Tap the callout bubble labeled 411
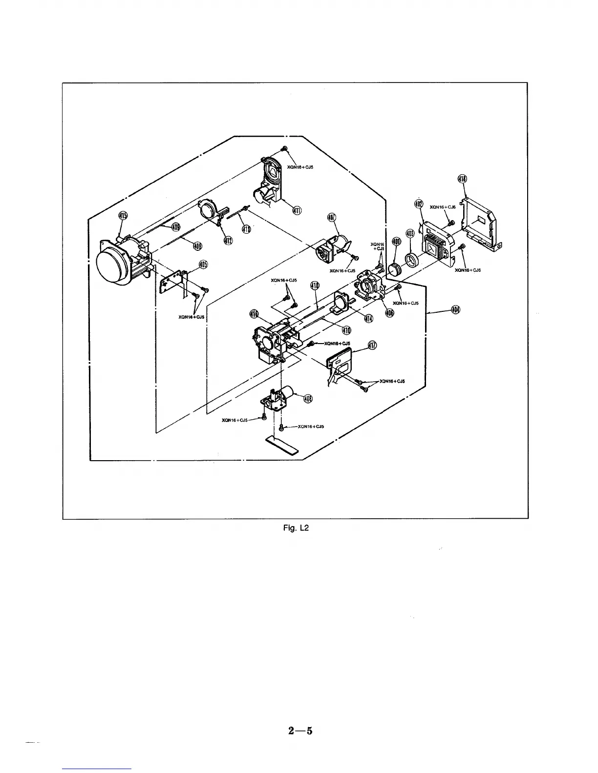point(297,210)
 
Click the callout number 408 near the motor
point(308,399)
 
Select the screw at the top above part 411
point(284,148)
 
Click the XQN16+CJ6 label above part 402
point(442,207)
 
